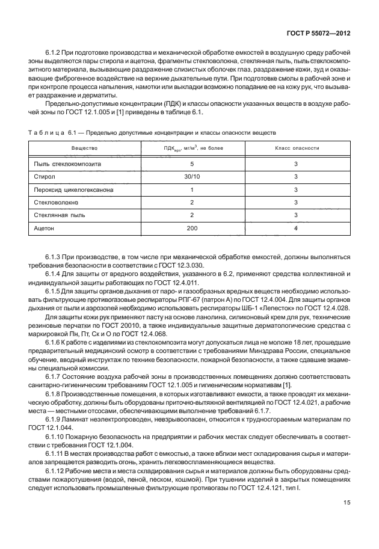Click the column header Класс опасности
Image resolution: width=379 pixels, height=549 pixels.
[x=297, y=147]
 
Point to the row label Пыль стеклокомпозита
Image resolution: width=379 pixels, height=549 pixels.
[x=68, y=164]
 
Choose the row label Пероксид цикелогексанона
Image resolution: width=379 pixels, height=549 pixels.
[x=74, y=190]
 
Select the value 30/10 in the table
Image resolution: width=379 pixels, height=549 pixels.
[x=192, y=177]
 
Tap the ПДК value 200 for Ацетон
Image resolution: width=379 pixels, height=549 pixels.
[x=192, y=229]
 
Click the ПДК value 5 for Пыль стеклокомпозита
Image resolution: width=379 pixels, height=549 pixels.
[x=192, y=164]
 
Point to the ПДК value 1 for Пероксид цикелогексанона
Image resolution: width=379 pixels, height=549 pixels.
[x=192, y=190]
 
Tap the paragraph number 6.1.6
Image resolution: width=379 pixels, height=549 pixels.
[x=55, y=341]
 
